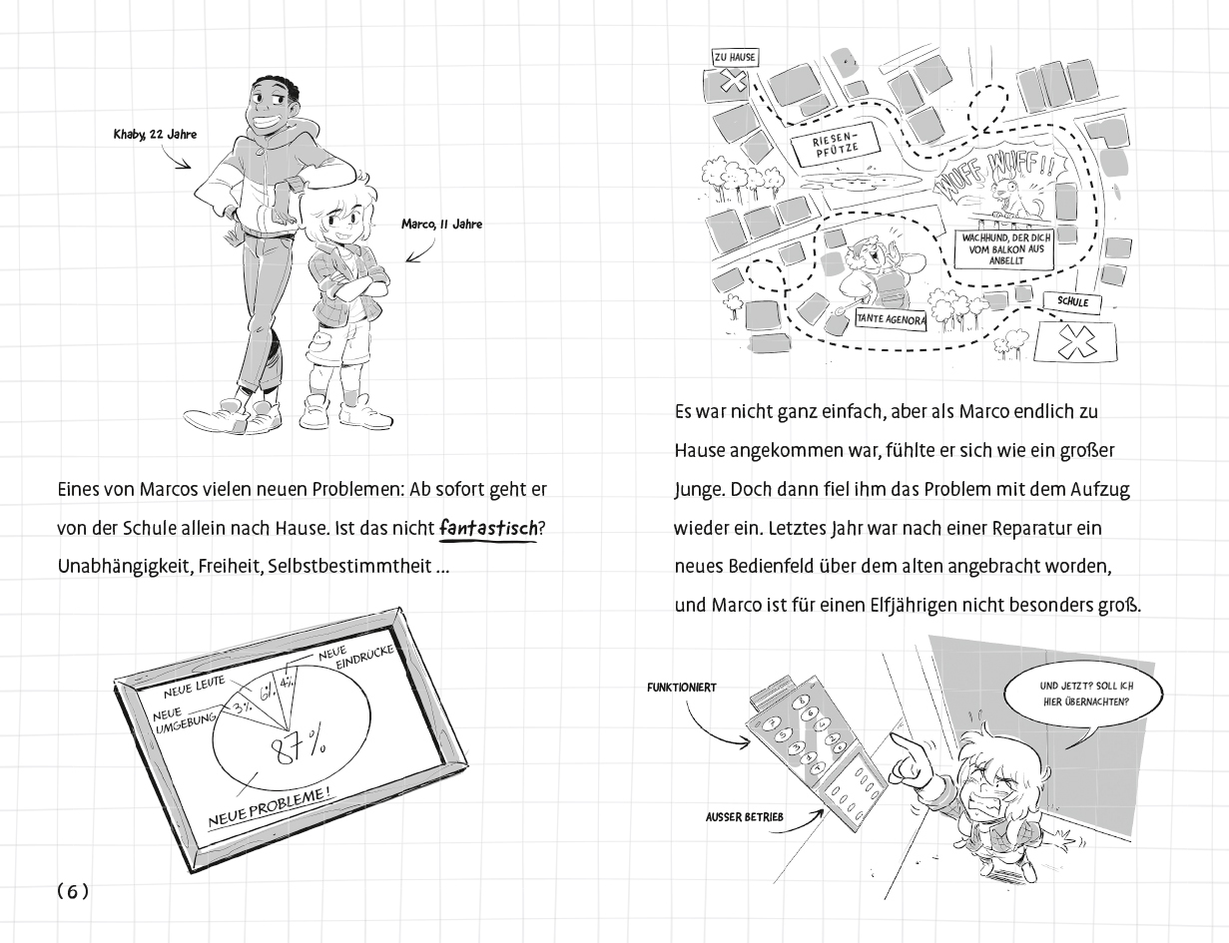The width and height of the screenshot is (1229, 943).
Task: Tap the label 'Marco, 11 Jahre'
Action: click(x=441, y=225)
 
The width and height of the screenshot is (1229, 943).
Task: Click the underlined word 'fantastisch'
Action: click(x=488, y=528)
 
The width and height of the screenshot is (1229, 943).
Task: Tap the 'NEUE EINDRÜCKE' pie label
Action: click(x=356, y=660)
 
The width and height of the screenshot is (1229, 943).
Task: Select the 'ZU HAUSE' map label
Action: click(x=734, y=58)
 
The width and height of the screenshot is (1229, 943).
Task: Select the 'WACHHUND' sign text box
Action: click(x=1003, y=248)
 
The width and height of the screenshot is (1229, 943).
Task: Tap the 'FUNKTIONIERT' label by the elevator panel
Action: click(x=682, y=689)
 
